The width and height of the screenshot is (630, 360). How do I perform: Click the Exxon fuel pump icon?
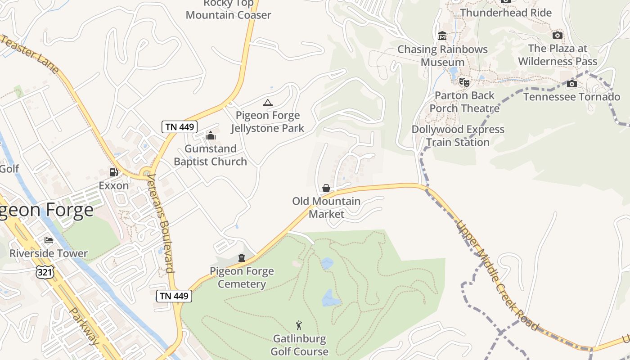(x=113, y=172)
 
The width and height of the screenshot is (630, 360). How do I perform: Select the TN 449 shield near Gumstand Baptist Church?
(x=180, y=127)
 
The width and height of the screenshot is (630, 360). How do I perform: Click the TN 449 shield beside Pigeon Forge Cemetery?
(x=174, y=296)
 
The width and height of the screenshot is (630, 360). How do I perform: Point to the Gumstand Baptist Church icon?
(x=210, y=135)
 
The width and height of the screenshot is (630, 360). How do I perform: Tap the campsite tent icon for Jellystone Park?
(x=268, y=103)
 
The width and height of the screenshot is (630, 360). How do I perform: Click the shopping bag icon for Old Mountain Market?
(x=326, y=188)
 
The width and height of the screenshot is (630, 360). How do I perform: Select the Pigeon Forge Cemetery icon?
(x=242, y=258)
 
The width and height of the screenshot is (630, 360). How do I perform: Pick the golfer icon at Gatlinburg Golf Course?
(x=299, y=325)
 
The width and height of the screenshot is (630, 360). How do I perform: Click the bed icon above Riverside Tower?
(x=49, y=240)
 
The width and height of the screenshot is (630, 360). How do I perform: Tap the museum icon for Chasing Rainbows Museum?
(x=442, y=36)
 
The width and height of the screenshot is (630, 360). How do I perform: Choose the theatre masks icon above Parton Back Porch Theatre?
(x=464, y=82)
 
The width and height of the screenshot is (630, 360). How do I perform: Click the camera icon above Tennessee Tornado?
(x=571, y=84)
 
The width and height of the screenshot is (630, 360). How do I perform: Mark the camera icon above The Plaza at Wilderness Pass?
(x=557, y=35)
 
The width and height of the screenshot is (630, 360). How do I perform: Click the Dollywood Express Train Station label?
(x=458, y=136)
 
